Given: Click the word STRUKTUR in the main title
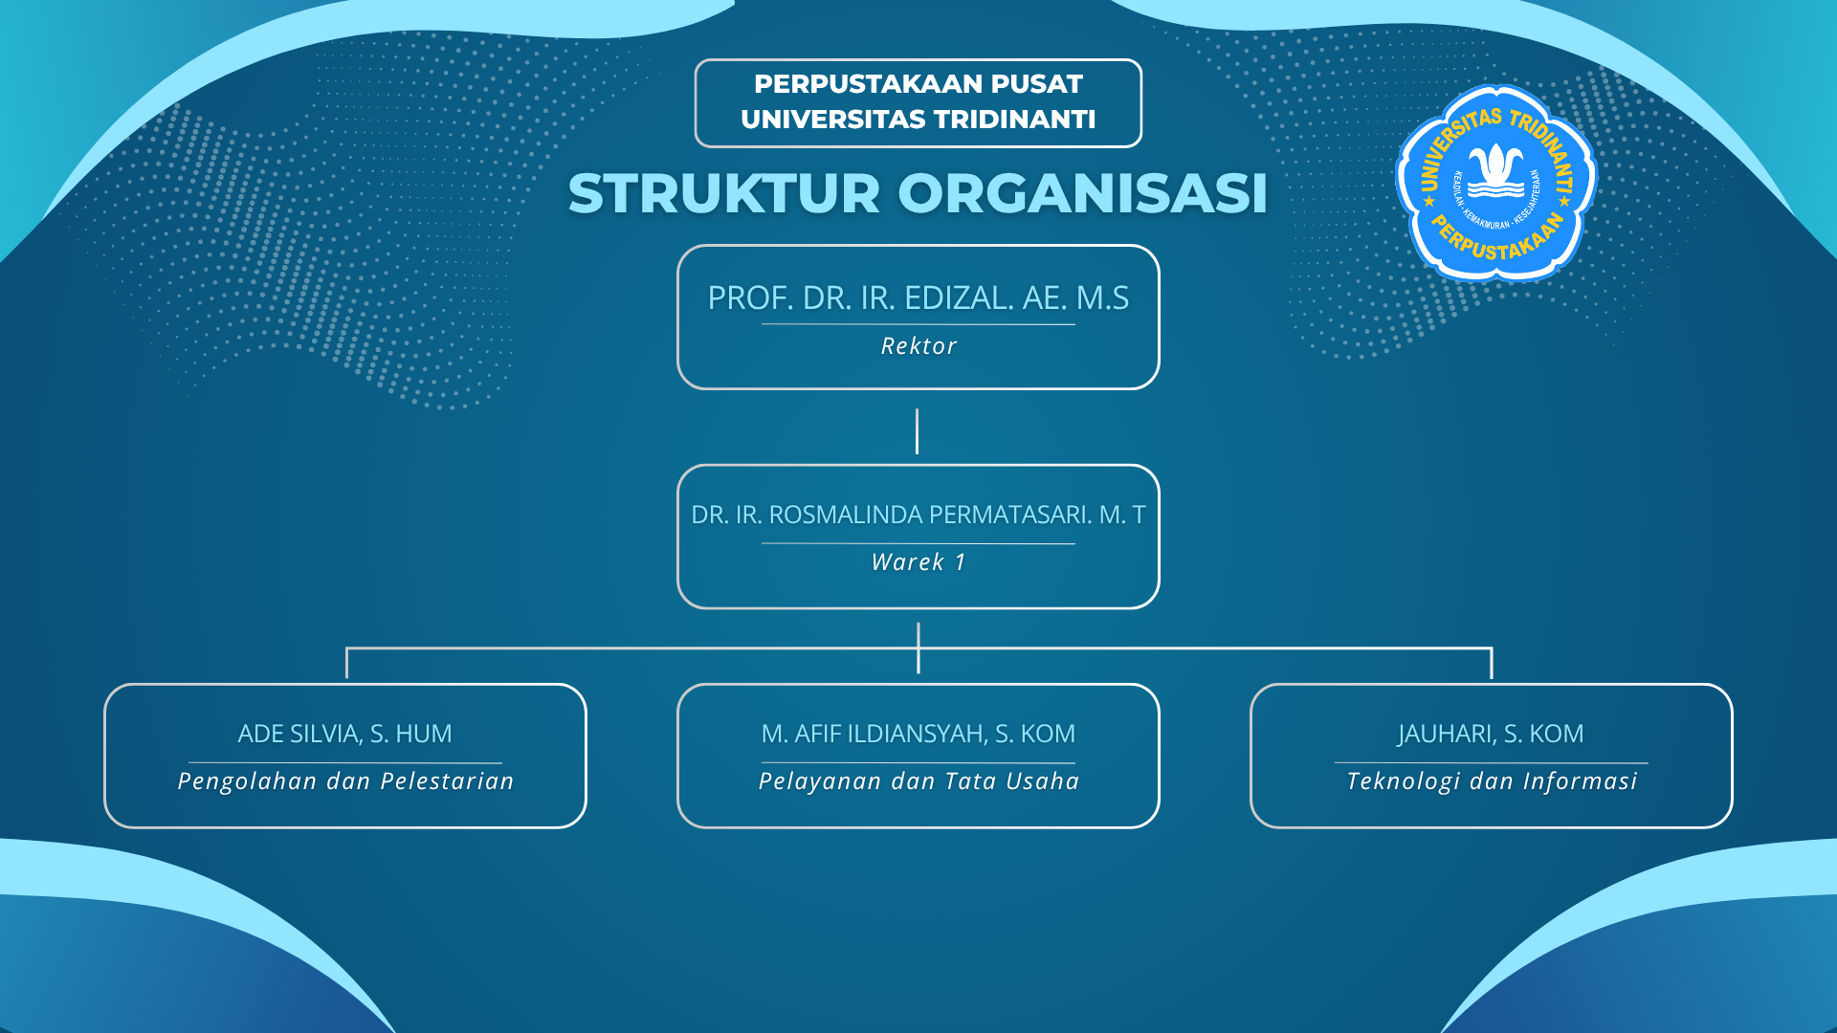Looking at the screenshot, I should tap(723, 193).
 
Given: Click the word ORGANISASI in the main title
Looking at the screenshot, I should tap(1082, 193).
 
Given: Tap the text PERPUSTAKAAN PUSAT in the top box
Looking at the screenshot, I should tap(918, 84).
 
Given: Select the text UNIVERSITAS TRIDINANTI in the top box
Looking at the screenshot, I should tap(918, 120).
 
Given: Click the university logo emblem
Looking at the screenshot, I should tap(1495, 183).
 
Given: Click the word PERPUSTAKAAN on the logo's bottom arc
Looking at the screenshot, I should tap(1497, 244).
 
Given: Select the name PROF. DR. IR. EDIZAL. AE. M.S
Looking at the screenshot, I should tap(918, 298).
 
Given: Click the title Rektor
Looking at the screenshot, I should tap(918, 346).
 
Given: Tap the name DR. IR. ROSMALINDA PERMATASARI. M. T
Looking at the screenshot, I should tap(918, 515).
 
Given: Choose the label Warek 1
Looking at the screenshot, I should tap(918, 562).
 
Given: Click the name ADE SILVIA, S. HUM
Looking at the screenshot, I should tap(344, 734).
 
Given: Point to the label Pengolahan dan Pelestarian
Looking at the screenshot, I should tap(345, 781).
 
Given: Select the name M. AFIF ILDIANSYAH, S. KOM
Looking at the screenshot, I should tap(918, 734).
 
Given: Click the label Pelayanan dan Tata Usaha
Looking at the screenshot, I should tap(918, 781).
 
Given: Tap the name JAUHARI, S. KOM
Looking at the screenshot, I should tap(1491, 734).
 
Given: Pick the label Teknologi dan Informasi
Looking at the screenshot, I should tap(1491, 781).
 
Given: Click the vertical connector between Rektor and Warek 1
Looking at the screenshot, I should tap(917, 431).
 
